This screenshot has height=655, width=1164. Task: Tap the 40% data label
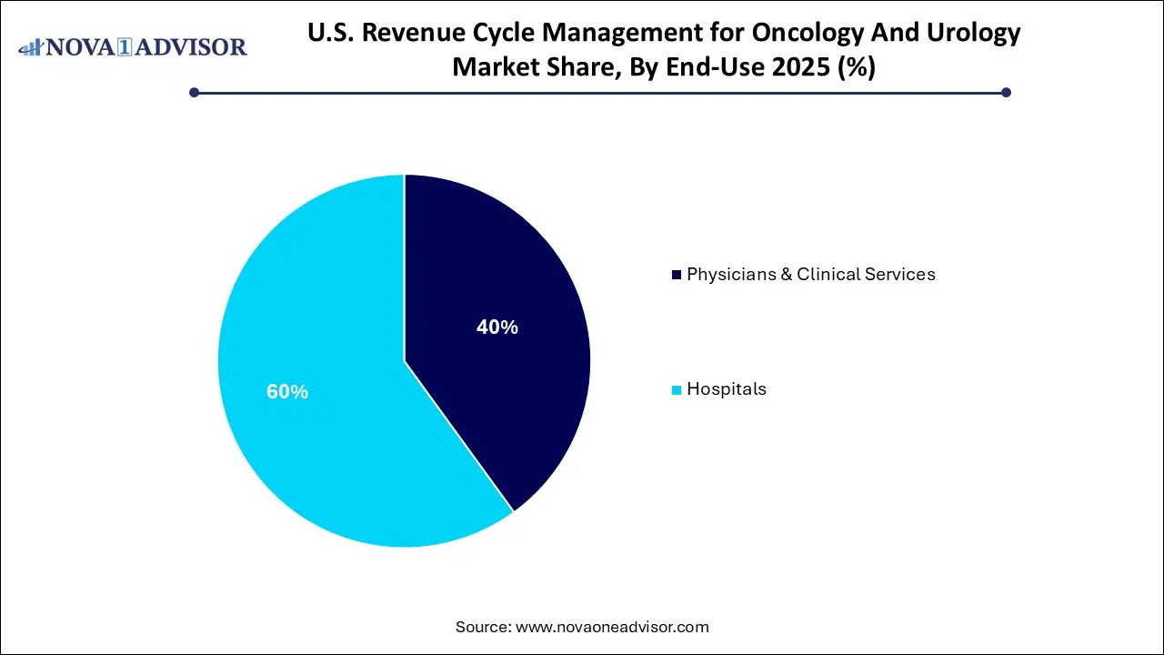pyautogui.click(x=497, y=327)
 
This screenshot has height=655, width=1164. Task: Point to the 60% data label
pyautogui.click(x=286, y=392)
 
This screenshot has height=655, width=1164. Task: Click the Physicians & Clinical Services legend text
pyautogui.click(x=810, y=274)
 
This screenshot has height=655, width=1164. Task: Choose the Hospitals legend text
pyautogui.click(x=726, y=389)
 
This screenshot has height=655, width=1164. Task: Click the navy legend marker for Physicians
pyautogui.click(x=676, y=275)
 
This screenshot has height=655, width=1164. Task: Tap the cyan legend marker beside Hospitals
pyautogui.click(x=676, y=390)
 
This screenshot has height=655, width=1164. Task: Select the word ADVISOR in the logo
pyautogui.click(x=194, y=46)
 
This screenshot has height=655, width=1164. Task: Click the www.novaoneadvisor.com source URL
pyautogui.click(x=611, y=627)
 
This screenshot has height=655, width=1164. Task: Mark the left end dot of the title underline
pyautogui.click(x=194, y=92)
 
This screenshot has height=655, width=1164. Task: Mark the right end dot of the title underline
pyautogui.click(x=1006, y=92)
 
